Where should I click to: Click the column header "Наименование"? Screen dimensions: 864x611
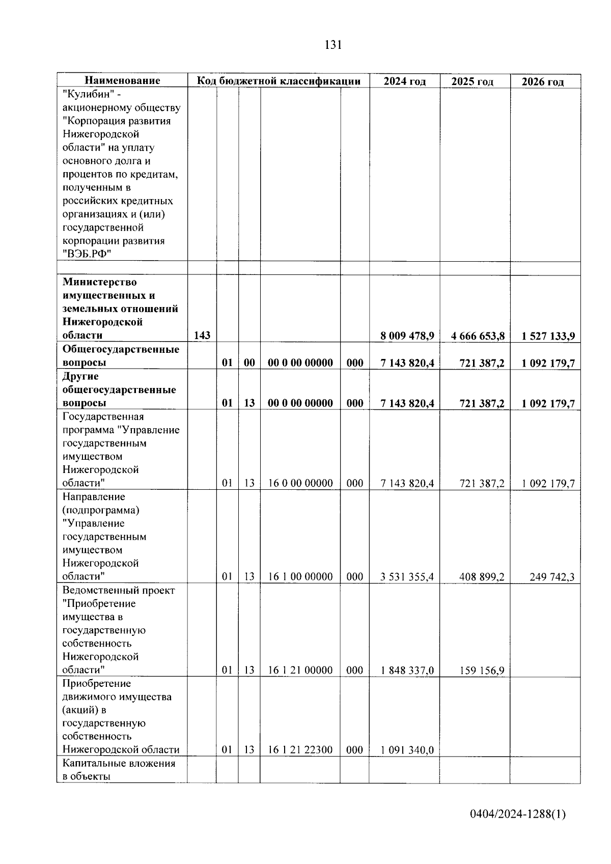point(122,81)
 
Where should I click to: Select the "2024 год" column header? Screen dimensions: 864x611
point(404,81)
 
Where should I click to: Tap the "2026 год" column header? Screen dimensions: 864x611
point(543,82)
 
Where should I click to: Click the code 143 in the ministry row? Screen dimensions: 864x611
point(202,336)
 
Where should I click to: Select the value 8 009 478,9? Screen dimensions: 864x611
point(407,336)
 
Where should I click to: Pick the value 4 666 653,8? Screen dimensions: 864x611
point(478,336)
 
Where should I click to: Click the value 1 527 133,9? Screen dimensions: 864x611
point(548,336)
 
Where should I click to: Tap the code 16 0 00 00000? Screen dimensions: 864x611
point(300,483)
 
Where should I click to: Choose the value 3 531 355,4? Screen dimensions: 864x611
point(407,577)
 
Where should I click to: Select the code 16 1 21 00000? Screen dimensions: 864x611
point(300,671)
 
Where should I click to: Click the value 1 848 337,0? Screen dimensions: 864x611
point(407,671)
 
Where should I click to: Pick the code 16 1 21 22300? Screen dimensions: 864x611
point(300,750)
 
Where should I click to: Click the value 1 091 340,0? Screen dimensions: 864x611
point(407,750)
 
